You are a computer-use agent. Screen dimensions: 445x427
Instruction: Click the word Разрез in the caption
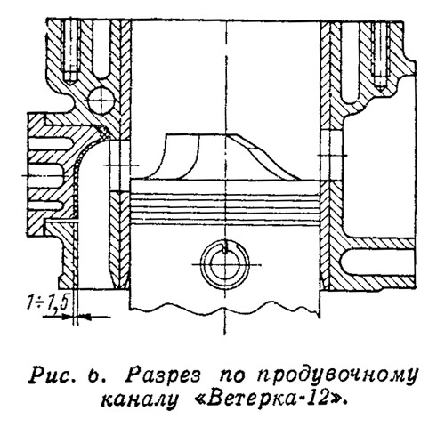click(162, 375)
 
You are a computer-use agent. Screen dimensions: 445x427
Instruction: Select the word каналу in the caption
click(139, 400)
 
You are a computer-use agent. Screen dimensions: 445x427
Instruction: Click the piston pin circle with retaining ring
click(224, 264)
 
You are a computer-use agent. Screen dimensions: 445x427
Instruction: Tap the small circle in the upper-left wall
click(101, 101)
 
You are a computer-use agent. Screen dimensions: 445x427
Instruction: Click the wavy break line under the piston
click(224, 312)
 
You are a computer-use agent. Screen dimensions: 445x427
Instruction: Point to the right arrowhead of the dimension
click(85, 317)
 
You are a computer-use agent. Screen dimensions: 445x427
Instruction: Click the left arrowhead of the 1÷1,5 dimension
click(68, 317)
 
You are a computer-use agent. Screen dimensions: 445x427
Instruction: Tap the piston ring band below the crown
click(224, 203)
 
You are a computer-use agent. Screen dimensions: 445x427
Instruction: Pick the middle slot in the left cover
click(45, 175)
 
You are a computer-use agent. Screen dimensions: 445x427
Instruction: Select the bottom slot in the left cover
click(45, 205)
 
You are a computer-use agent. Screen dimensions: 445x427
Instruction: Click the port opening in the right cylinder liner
click(331, 155)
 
